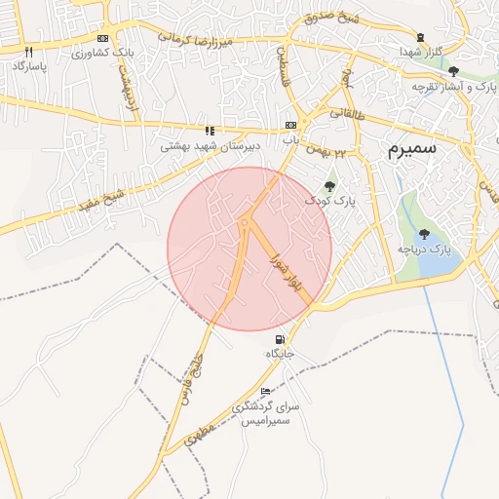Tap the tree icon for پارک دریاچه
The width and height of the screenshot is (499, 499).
click(425, 233)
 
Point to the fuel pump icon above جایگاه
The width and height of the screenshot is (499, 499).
click(282, 339)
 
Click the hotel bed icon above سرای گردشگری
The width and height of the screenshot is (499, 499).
click(266, 392)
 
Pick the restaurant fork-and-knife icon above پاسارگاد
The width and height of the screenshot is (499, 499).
click(29, 51)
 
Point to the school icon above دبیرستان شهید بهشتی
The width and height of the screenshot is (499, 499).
click(208, 130)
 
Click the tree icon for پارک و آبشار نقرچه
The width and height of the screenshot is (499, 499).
click(453, 70)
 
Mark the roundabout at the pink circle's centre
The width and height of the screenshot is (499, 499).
click(244, 223)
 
